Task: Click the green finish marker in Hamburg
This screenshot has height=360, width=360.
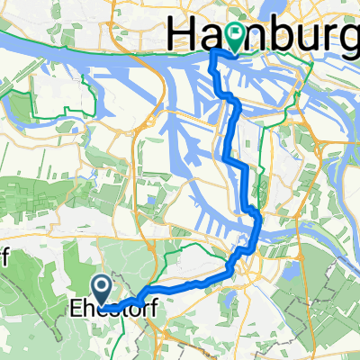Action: tap(236, 35)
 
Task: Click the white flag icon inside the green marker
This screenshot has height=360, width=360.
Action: tap(236, 33)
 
